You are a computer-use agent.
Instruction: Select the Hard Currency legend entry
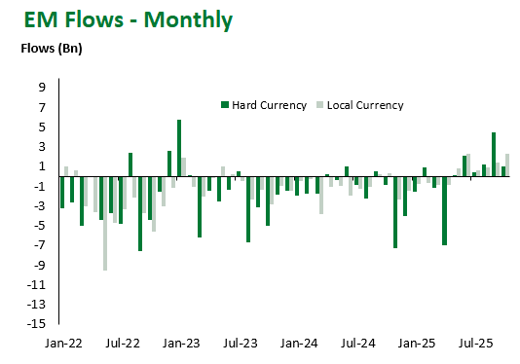(x=269, y=105)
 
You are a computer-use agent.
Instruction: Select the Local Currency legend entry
(x=365, y=105)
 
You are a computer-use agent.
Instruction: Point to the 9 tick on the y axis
(x=43, y=87)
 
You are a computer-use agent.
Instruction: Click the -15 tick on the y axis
(x=39, y=324)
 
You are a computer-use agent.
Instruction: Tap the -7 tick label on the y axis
(x=41, y=245)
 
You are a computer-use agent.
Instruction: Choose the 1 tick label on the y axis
(x=43, y=166)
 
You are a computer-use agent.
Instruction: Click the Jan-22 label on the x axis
(x=62, y=345)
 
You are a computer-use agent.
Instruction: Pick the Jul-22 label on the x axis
(x=122, y=345)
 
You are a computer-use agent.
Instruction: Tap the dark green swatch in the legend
(x=225, y=105)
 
